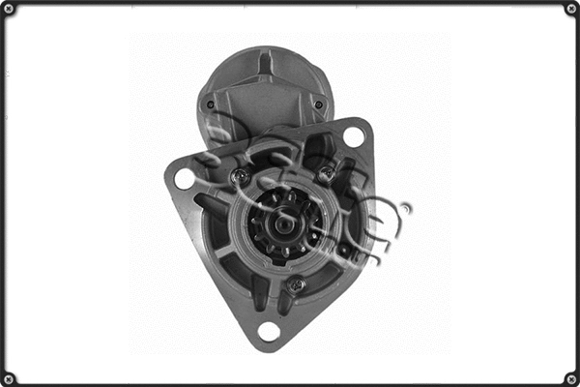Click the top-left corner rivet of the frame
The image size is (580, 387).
9,9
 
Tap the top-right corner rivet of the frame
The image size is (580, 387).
570,9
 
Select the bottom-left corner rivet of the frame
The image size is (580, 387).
9,377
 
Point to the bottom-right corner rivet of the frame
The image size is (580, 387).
570,377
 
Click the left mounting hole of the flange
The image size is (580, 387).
185,178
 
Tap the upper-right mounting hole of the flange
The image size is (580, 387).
354,137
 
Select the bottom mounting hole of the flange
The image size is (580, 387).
269,331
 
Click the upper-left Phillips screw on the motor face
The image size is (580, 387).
239,176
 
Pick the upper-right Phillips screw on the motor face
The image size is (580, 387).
327,174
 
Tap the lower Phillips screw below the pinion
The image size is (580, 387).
296,284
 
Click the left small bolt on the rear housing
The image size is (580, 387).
210,104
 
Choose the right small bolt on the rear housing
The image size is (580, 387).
318,104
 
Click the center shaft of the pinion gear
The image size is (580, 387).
283,224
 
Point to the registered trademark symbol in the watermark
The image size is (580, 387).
405,208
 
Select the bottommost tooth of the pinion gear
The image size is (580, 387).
284,253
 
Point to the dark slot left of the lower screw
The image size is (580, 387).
259,289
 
